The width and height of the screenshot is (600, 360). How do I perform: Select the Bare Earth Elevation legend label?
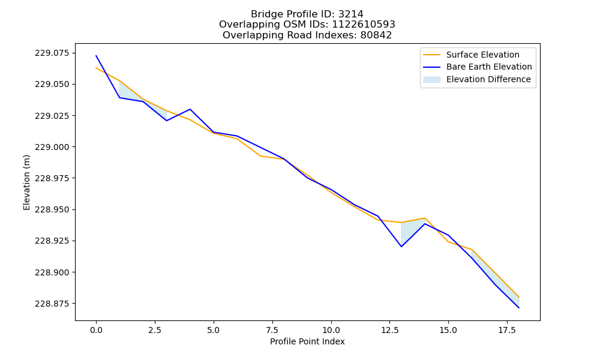[489, 67]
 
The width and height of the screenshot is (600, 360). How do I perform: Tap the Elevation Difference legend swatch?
[431, 80]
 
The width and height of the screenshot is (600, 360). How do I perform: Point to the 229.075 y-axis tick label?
[53, 53]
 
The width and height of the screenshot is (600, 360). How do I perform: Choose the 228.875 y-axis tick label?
[53, 304]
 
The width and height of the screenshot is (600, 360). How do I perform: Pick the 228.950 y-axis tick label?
[53, 209]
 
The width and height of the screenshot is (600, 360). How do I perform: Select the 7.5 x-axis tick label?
[272, 330]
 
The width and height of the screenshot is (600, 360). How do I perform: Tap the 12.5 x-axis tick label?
[389, 330]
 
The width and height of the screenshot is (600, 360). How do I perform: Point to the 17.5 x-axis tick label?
[507, 330]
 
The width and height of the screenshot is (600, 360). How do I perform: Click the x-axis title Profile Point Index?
[307, 341]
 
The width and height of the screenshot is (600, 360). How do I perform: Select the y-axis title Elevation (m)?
[26, 182]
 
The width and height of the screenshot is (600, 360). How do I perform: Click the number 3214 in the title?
[351, 14]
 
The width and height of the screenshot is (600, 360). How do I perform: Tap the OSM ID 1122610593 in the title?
[364, 25]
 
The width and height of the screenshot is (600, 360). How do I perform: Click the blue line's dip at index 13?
[401, 247]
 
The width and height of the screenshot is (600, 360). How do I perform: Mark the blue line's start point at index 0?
[96, 55]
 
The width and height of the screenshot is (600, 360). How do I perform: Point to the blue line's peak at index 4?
[190, 109]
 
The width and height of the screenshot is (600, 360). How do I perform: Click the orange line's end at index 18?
[519, 297]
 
